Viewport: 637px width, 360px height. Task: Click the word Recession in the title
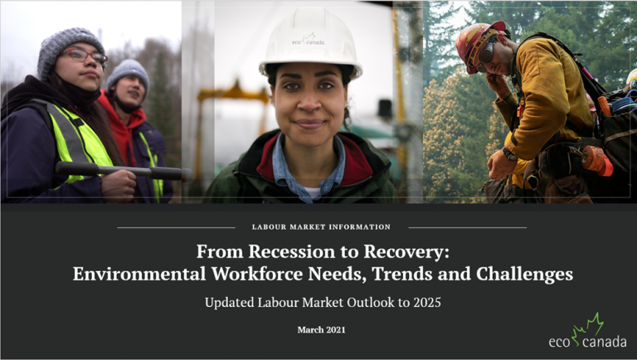[275, 251]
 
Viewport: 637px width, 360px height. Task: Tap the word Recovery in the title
[399, 251]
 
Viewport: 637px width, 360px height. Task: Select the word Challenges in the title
[524, 273]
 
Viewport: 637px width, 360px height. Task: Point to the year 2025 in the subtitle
[424, 303]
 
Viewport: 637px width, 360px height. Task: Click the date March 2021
[322, 330]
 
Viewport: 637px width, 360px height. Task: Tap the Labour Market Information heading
[321, 226]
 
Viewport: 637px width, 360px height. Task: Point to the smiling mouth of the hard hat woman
[309, 124]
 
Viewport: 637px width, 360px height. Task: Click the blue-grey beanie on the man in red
[127, 71]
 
